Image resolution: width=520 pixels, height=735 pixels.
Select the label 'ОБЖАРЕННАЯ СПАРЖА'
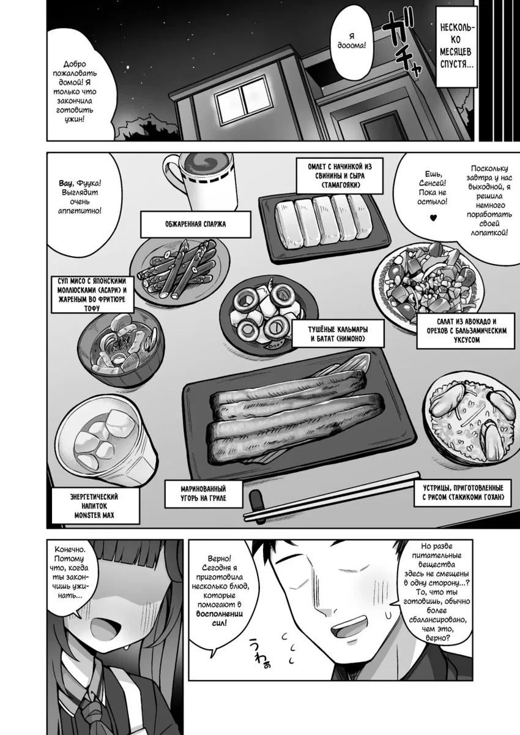pyautogui.click(x=196, y=224)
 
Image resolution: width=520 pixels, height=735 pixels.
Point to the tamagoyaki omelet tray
pyautogui.click(x=324, y=227)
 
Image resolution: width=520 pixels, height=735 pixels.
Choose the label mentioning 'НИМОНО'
pyautogui.click(x=338, y=334)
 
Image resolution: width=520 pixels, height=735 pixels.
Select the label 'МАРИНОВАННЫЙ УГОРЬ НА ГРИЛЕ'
pyautogui.click(x=203, y=494)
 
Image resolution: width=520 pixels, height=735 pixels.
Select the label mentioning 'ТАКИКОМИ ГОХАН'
pyautogui.click(x=462, y=493)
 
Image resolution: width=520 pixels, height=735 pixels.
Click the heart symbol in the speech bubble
pyautogui.click(x=433, y=217)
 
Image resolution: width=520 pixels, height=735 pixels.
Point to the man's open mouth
pyautogui.click(x=355, y=627)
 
